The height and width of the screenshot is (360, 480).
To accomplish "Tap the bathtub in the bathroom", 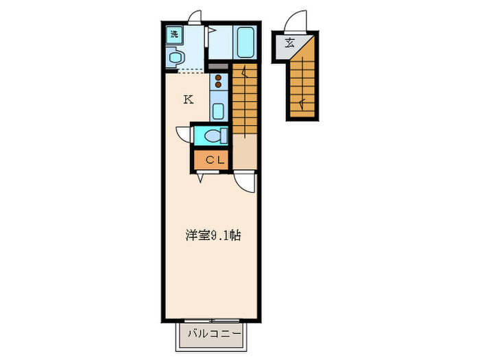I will click(x=245, y=43).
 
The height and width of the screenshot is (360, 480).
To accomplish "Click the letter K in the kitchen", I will click(x=187, y=99).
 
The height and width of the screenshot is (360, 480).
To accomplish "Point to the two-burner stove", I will click(x=218, y=82).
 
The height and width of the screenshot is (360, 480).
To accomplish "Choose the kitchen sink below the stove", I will click(x=218, y=109).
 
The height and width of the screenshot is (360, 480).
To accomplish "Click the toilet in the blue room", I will click(x=215, y=135).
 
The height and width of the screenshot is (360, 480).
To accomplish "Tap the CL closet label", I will click(x=213, y=160).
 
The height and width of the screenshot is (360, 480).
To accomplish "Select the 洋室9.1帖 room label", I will click(x=213, y=235).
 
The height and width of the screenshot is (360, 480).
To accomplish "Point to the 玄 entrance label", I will click(x=290, y=43).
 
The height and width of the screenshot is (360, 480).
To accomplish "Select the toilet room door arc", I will click(x=184, y=134).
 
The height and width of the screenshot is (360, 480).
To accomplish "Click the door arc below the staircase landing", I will click(x=244, y=182).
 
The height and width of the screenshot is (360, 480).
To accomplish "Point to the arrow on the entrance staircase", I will click(x=301, y=104).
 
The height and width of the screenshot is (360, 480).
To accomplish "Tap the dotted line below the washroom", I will click(x=185, y=71).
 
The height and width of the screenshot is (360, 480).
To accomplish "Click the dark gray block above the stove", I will click(x=218, y=67).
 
